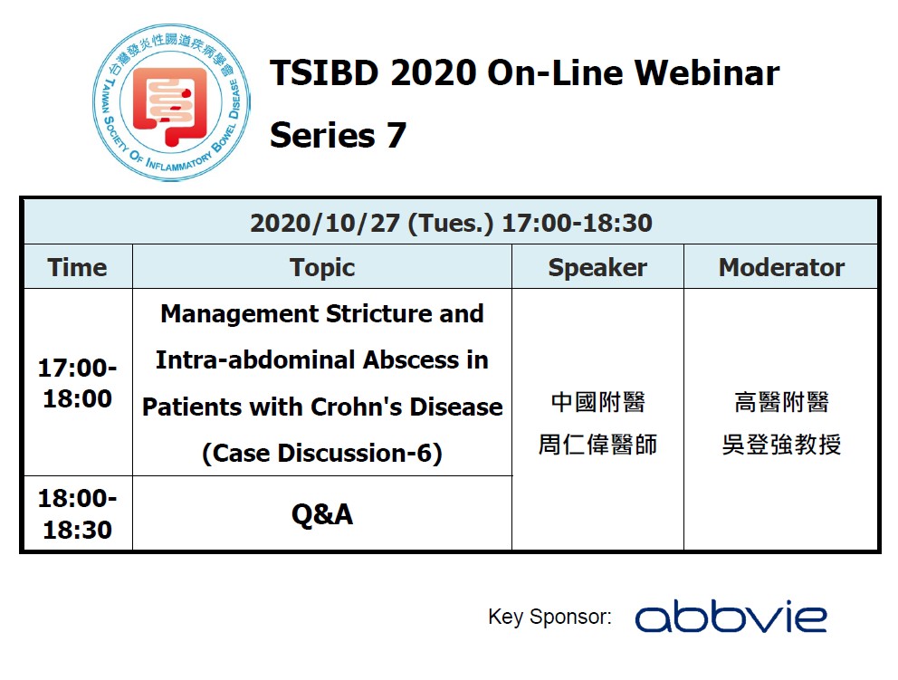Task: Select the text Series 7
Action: point(338,136)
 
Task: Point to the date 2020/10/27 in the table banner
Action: point(324,223)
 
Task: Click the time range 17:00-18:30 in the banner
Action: point(576,223)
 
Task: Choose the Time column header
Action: point(77,267)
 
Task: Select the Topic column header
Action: point(322,267)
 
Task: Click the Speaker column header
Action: point(597,267)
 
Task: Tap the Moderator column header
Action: point(781,267)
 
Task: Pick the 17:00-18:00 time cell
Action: point(77,383)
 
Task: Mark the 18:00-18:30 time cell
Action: point(77,513)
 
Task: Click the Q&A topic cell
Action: point(322,514)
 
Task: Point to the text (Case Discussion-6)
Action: point(322,453)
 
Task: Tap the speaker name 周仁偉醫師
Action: point(597,445)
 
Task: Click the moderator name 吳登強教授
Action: point(781,445)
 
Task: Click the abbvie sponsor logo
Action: point(731,618)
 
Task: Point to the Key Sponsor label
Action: point(549,618)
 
